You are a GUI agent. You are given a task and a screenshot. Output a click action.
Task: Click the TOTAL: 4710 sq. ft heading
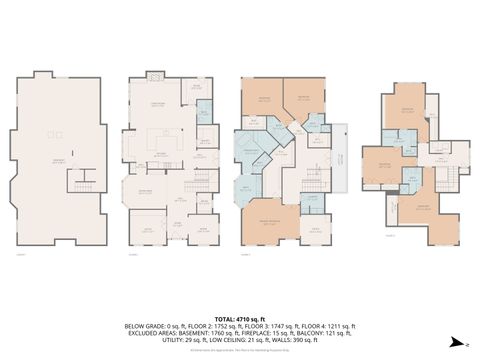click(240, 317)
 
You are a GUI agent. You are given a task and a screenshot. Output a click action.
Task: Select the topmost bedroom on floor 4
click(408, 112)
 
